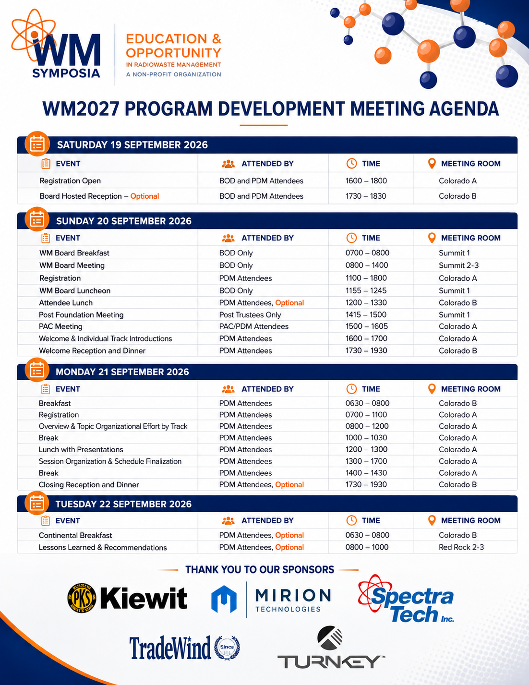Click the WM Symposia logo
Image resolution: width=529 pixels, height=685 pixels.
[x=56, y=45]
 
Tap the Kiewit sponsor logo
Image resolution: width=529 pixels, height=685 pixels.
[x=127, y=598]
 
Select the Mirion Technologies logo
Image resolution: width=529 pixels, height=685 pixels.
[x=271, y=599]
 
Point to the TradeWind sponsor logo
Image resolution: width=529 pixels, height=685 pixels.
[x=185, y=648]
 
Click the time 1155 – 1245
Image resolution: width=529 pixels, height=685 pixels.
[x=366, y=290]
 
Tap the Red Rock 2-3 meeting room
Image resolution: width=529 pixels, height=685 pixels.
[x=461, y=547]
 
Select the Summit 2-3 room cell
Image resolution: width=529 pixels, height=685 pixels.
[x=459, y=265]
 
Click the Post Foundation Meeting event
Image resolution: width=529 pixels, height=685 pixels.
[x=81, y=314]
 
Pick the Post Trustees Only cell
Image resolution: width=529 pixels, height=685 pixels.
[x=250, y=314]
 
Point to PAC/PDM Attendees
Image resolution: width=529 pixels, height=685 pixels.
[x=254, y=326]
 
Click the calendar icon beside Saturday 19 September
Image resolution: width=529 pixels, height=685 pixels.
[x=37, y=144]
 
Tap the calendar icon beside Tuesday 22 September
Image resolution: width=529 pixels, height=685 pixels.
[x=36, y=503]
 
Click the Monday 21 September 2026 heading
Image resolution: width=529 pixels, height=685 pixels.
[x=122, y=372]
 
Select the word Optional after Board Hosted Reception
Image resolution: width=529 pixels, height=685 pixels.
[x=144, y=196]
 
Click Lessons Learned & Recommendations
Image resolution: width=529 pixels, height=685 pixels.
[x=103, y=548]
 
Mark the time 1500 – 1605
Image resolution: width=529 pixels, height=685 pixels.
[x=366, y=326]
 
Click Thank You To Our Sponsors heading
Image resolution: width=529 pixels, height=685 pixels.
[x=259, y=570]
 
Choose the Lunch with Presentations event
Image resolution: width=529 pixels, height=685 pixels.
[x=81, y=449]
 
